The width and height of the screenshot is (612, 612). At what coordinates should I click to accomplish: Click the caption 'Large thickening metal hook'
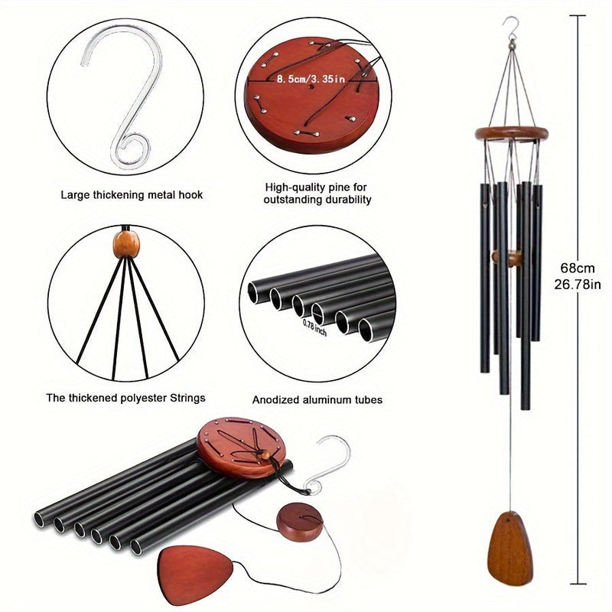click(x=132, y=195)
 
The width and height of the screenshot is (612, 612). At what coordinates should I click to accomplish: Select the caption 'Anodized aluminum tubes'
click(x=317, y=399)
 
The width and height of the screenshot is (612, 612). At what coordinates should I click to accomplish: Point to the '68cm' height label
click(x=577, y=269)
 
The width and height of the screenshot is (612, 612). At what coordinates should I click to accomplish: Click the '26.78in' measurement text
click(x=577, y=285)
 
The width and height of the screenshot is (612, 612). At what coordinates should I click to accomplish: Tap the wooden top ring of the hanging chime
click(x=511, y=135)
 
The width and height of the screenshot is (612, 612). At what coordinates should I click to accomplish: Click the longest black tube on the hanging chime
click(x=526, y=306)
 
